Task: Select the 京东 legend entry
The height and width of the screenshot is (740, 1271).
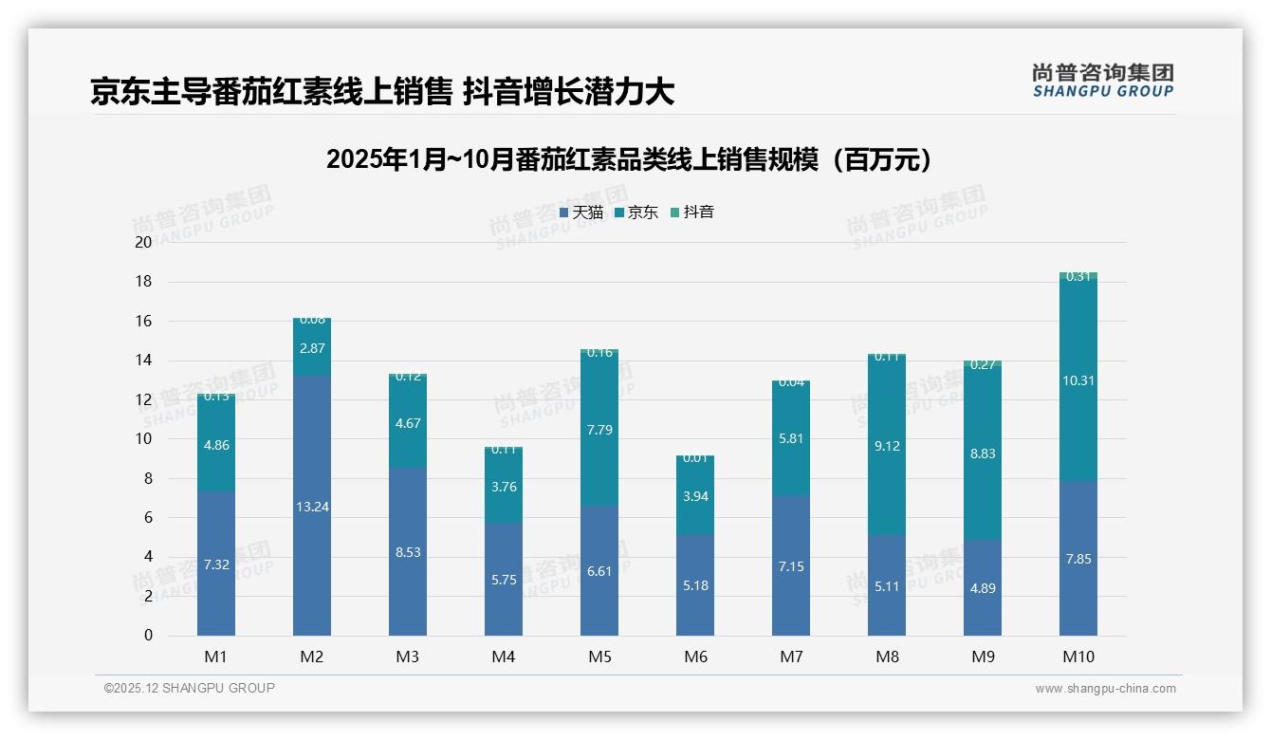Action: coord(635,213)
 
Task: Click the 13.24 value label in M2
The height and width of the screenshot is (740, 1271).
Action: coord(312,507)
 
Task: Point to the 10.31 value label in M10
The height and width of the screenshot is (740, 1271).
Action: coord(1078,380)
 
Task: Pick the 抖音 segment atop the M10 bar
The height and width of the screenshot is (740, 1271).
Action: coord(1078,276)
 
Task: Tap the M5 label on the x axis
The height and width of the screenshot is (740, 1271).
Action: coord(599,657)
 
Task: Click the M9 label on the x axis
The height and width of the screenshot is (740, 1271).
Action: coord(983,657)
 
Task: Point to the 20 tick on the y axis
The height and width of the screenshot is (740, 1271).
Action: coord(143,242)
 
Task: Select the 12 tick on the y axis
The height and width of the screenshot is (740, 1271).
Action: coord(143,399)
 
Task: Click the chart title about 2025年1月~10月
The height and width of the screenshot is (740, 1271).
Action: coord(629,159)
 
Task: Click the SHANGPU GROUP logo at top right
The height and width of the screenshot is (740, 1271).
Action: coord(1102,81)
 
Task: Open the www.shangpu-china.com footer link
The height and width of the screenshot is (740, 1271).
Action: coord(1105,689)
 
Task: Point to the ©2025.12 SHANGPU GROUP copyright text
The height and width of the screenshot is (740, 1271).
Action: coord(190,689)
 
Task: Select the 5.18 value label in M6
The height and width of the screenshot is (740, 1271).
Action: coord(695,585)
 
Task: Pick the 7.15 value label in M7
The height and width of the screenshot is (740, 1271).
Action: coord(791,566)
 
